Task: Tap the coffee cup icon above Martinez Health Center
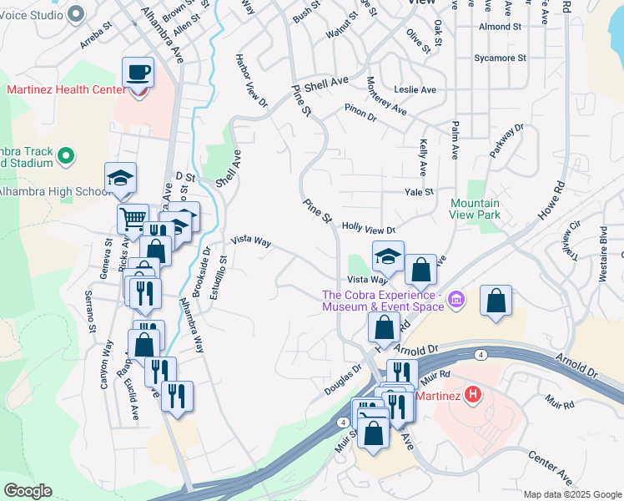(138, 73)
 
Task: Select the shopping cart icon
(133, 220)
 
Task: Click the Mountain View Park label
(476, 209)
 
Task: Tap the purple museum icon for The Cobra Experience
(455, 299)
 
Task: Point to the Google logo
(28, 491)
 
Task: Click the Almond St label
(500, 27)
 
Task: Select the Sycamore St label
(500, 58)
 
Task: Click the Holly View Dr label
(368, 228)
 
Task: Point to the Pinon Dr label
(360, 113)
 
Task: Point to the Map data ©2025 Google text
(571, 494)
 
